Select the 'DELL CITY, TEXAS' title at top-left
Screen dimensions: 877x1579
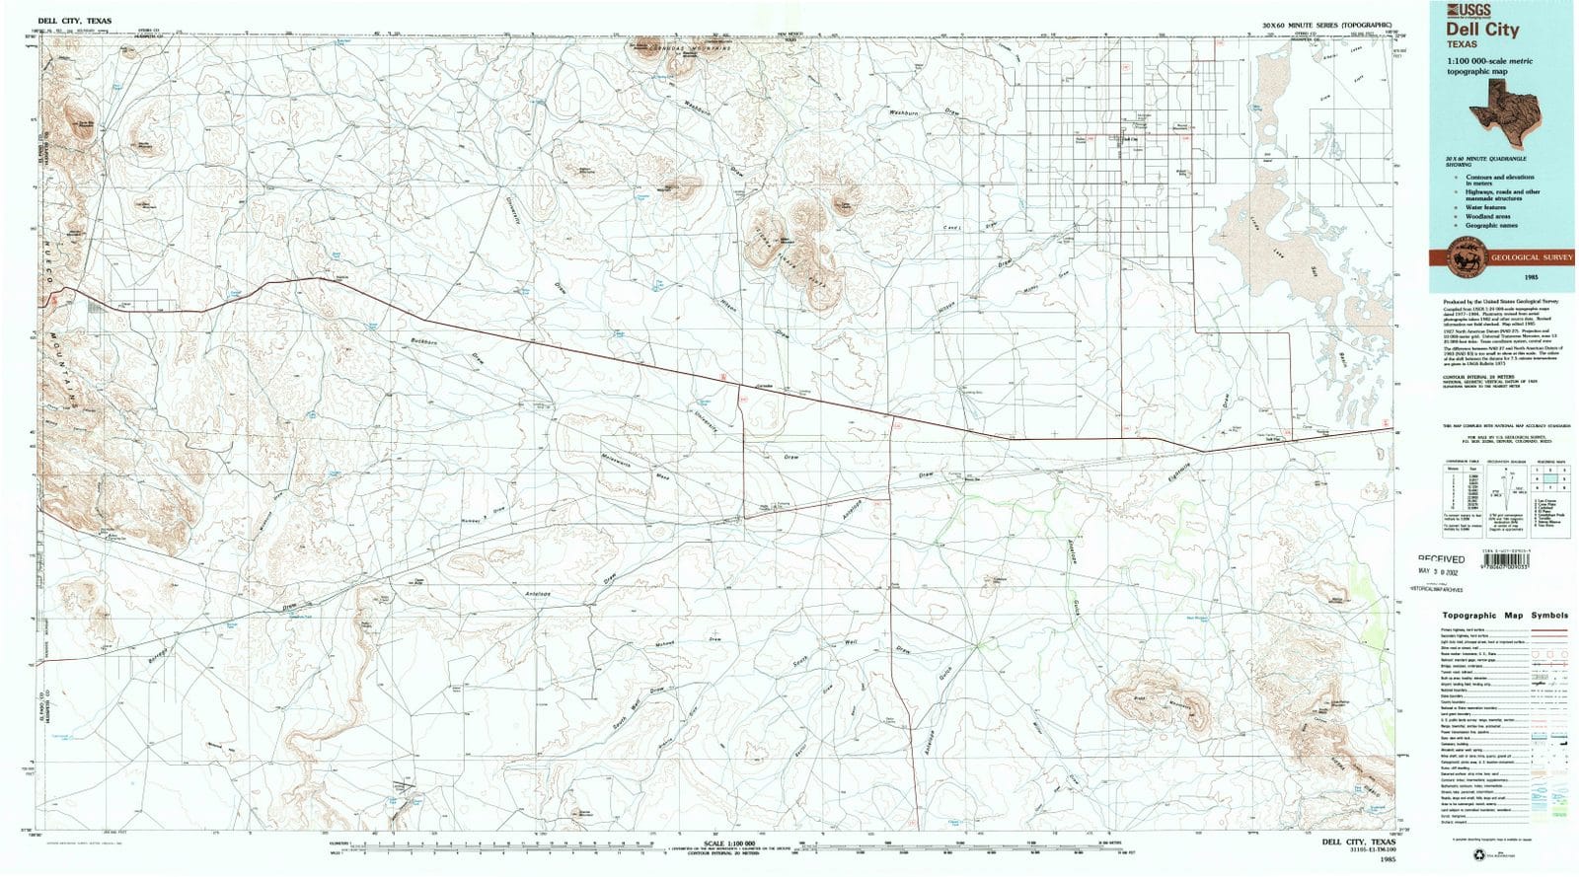tap(75, 20)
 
